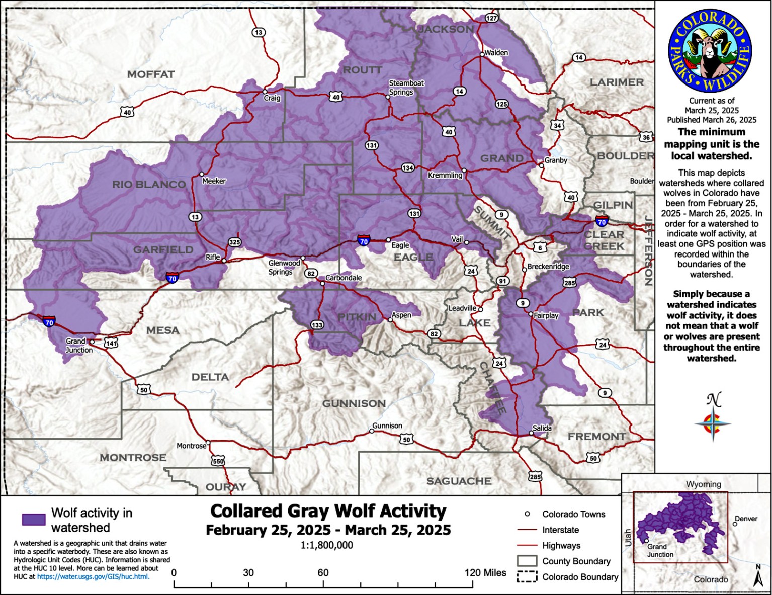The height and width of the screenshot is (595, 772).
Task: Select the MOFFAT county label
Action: click(x=151, y=74)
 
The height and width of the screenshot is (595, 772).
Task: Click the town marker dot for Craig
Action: click(x=265, y=92)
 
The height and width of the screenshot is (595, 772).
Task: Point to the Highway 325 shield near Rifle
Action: click(x=234, y=242)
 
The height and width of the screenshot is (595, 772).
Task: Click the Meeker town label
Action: click(x=214, y=181)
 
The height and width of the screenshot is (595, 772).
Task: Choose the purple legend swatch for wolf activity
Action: click(x=34, y=520)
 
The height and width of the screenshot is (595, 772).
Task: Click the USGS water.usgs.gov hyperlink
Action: click(x=93, y=576)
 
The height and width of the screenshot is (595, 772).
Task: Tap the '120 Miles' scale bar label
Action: click(x=485, y=572)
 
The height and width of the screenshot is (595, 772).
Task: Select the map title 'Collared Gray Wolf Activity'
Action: click(x=328, y=511)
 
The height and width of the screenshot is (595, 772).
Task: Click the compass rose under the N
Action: click(x=713, y=424)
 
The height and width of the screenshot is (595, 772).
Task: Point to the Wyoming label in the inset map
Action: click(x=703, y=484)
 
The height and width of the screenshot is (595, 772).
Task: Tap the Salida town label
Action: click(x=542, y=428)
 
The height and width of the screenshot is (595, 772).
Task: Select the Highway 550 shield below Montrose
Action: click(x=218, y=461)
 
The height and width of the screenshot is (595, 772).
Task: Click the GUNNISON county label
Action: click(x=354, y=403)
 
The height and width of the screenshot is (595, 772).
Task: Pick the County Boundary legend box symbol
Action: click(x=527, y=561)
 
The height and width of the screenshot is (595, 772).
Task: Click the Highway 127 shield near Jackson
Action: click(x=491, y=18)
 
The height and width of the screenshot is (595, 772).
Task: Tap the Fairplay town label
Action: click(x=546, y=316)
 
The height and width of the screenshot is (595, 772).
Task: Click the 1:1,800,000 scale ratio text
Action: click(x=327, y=545)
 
